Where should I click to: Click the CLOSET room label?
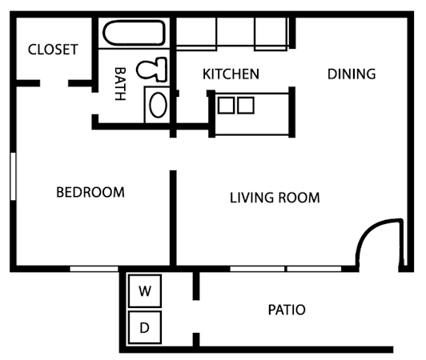[x=53, y=50]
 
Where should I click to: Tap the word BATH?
[x=119, y=82]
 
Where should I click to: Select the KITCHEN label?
[x=231, y=74]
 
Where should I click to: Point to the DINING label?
[x=352, y=74]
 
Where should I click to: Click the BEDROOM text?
[x=90, y=192]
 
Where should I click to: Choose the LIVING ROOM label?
[x=275, y=198]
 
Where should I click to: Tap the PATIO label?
[x=287, y=310]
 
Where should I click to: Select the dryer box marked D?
[x=145, y=326]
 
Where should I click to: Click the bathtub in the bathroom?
[x=134, y=35]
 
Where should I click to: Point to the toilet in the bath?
[x=151, y=70]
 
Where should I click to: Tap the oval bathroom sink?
[x=157, y=104]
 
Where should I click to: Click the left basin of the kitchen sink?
[x=227, y=105]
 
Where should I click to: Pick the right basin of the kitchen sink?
[x=246, y=105]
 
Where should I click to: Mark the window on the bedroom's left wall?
[x=13, y=176]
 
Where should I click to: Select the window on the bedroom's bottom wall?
[x=94, y=269]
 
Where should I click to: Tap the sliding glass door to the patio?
[x=286, y=269]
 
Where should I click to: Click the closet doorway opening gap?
[x=54, y=83]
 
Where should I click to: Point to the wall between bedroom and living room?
[x=172, y=216]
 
